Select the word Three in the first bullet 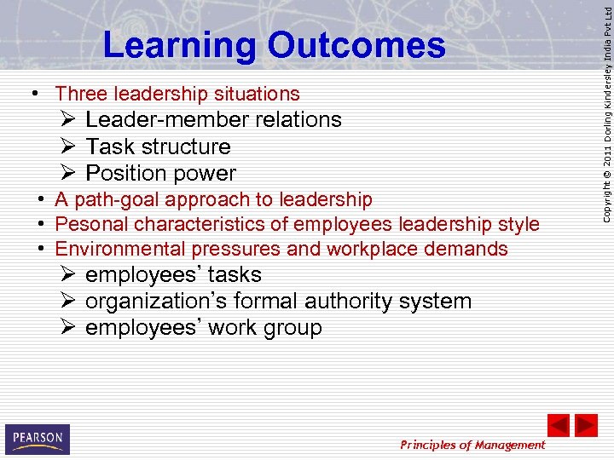pos(82,94)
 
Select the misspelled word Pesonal pos(87,224)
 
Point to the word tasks pos(235,275)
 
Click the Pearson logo pos(37,439)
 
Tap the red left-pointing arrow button pos(558,425)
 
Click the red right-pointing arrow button pos(586,425)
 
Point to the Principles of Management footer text pos(472,445)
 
